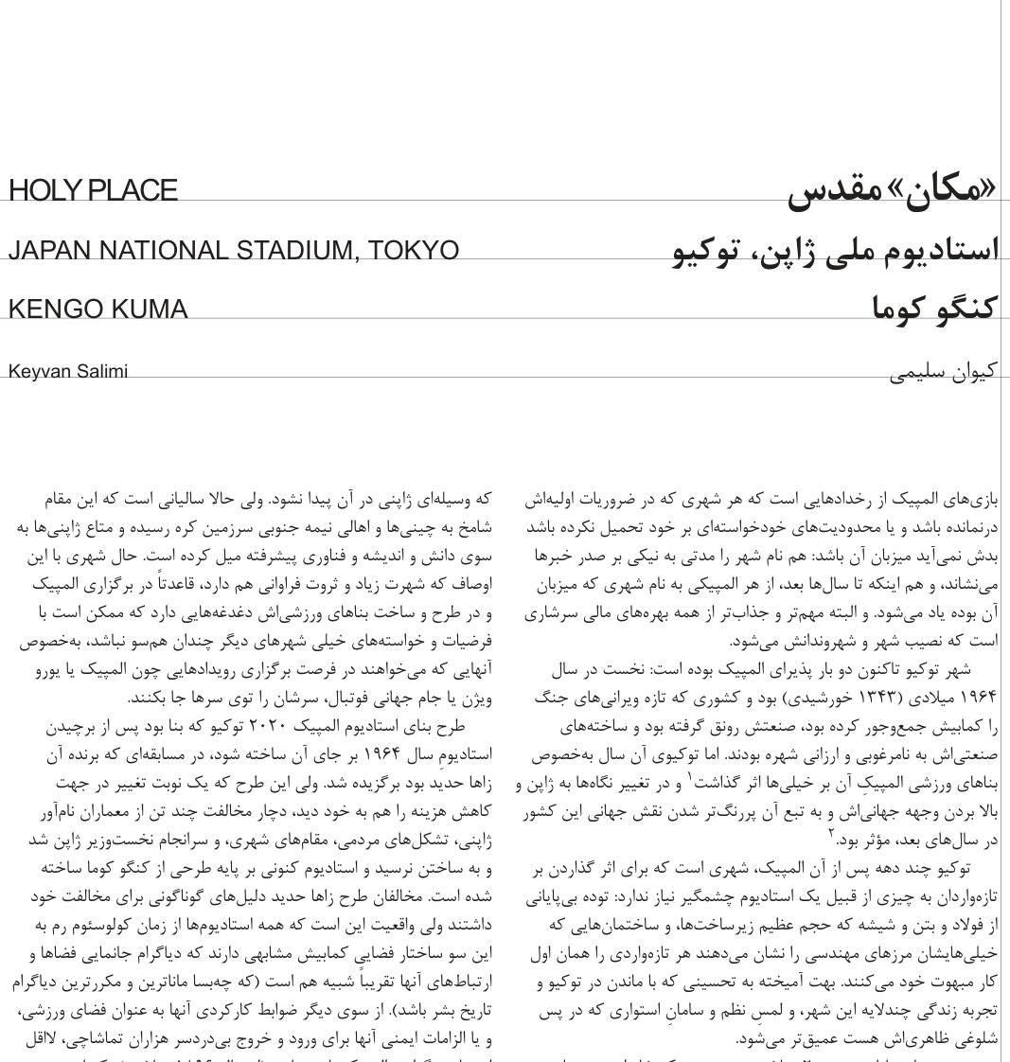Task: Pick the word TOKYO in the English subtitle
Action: tap(414, 251)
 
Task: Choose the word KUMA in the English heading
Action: tap(150, 310)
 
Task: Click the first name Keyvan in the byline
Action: tap(36, 371)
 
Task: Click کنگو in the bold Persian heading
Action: tap(960, 309)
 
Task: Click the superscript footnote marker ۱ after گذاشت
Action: tap(690, 778)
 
